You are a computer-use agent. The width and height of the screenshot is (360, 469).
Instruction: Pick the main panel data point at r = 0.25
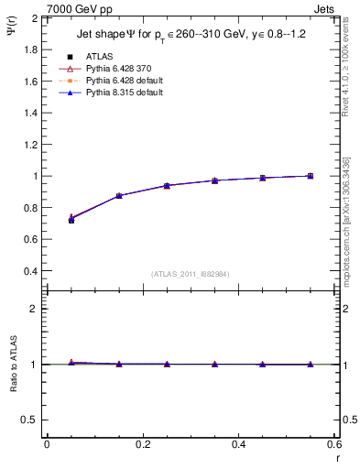167,185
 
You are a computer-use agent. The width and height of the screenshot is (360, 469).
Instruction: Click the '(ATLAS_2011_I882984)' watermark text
191,273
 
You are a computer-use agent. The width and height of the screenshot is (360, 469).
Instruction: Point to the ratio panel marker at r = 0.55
311,365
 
